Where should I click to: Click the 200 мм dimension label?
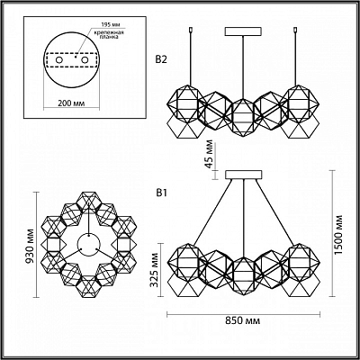tap(71, 103)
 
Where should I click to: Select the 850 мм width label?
tap(243, 320)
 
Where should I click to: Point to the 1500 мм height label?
tap(339, 235)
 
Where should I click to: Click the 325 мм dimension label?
tap(155, 270)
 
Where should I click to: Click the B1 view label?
tap(161, 193)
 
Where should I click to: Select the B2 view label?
tap(161, 59)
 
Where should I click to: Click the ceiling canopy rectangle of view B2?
tap(244, 31)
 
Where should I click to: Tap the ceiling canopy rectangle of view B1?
tap(244, 175)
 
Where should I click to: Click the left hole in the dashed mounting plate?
tap(58, 60)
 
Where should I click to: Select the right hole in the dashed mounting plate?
tap(85, 60)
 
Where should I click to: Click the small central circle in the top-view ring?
tap(89, 245)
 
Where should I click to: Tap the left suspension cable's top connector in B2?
tap(191, 30)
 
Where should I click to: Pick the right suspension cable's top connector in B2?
tap(296, 30)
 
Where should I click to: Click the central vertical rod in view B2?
tap(243, 67)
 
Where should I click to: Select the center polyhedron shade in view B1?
tap(243, 275)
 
